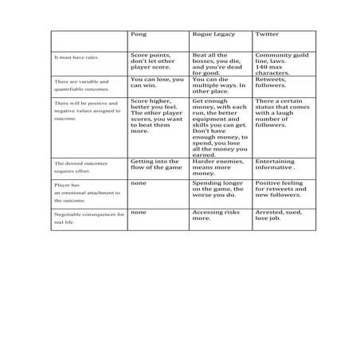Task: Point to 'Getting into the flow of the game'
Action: point(156,164)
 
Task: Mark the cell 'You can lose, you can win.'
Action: point(156,83)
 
